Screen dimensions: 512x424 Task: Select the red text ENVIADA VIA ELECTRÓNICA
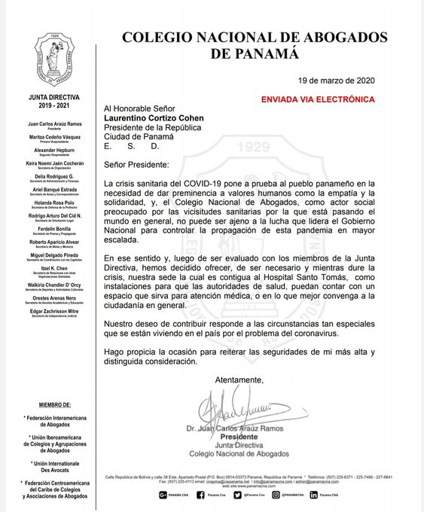coord(317,99)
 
